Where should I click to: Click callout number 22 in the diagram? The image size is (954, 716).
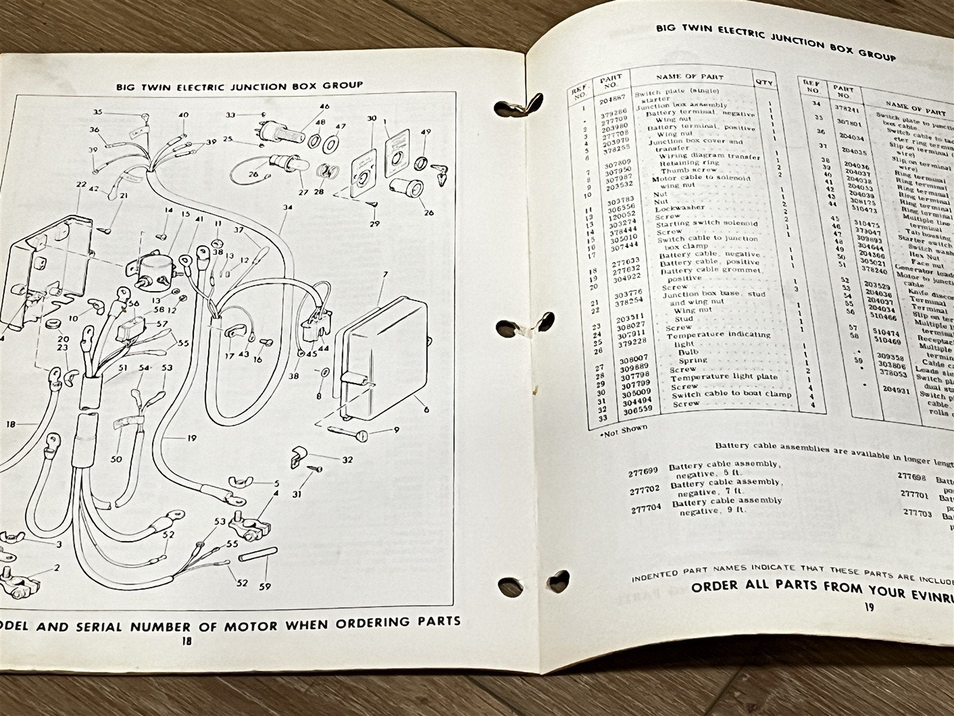[81, 185]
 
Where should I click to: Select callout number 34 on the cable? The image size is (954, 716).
[289, 208]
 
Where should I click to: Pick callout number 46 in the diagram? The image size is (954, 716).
[324, 107]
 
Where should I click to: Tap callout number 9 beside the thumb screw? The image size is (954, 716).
[396, 429]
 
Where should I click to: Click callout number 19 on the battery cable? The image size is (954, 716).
[191, 438]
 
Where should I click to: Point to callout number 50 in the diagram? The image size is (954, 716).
[116, 459]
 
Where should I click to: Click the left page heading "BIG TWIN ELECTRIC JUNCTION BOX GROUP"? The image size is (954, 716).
[240, 85]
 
